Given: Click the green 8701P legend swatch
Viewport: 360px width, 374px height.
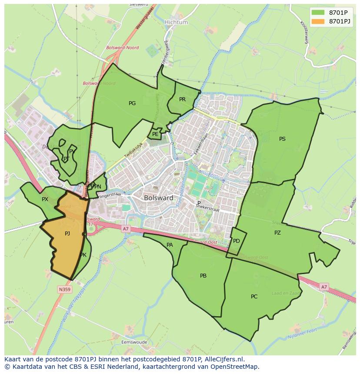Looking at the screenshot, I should click(x=318, y=12).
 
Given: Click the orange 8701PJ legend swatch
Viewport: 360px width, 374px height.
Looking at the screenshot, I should click(x=318, y=21).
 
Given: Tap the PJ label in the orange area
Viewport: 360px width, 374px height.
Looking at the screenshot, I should click(x=67, y=234).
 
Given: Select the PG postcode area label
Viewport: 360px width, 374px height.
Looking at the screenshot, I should click(x=132, y=103).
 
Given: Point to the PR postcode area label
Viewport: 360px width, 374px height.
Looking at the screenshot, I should click(x=182, y=99).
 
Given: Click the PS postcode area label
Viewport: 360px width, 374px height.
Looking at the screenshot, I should click(x=282, y=139).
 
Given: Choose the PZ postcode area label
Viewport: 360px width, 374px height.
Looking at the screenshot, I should click(x=277, y=233).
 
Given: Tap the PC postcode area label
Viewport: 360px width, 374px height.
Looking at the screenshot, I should click(x=254, y=297).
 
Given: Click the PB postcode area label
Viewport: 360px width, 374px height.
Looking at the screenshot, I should click(x=203, y=276).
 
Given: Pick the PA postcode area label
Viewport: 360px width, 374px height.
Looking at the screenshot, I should click(x=170, y=245).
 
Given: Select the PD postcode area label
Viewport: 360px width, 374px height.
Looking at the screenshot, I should click(x=237, y=241).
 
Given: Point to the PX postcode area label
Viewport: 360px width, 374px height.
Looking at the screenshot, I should click(x=45, y=199).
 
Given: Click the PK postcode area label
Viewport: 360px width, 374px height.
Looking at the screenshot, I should click(x=83, y=255).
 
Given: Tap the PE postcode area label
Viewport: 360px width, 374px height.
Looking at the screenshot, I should click(x=155, y=134).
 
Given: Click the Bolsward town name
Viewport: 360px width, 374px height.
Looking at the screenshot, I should click(x=158, y=198).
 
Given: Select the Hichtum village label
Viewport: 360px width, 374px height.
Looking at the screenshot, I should click(x=176, y=22).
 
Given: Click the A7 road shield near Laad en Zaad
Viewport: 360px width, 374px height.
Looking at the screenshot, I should click(x=324, y=287).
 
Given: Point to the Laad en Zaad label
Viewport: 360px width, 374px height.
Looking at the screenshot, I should click(x=286, y=294).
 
